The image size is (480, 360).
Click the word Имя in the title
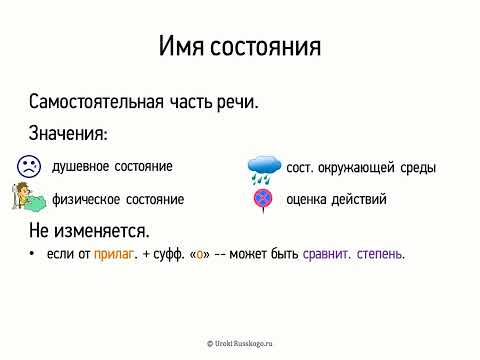(x=183, y=47)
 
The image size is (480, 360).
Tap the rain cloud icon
(x=264, y=168)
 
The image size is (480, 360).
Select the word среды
(x=416, y=167)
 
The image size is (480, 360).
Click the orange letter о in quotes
(x=202, y=255)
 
